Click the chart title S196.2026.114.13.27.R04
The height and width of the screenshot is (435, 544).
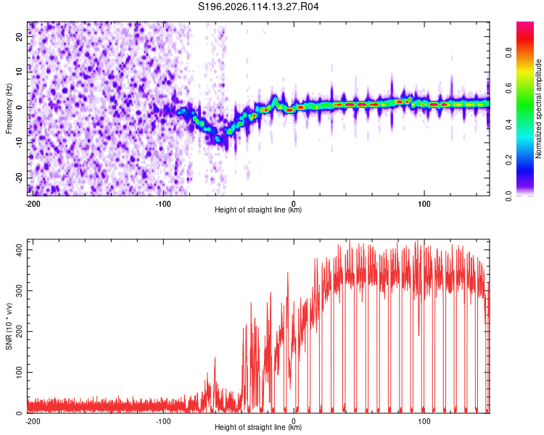[258, 7]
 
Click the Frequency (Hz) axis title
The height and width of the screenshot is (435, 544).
[9, 109]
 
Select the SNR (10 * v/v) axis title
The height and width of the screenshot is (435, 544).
[9, 326]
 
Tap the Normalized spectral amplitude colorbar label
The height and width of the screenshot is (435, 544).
[538, 109]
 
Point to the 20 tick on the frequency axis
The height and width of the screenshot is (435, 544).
[19, 36]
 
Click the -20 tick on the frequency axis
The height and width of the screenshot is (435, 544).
[19, 178]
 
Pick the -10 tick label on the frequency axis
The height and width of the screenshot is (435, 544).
[19, 143]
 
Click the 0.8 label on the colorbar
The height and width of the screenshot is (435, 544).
[508, 53]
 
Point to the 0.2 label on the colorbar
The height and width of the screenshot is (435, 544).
[508, 160]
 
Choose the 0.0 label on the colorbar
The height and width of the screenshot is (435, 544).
[508, 196]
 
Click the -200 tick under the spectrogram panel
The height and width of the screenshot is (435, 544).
[33, 204]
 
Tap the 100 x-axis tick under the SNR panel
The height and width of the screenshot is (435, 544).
[424, 421]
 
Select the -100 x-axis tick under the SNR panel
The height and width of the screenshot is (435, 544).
[163, 421]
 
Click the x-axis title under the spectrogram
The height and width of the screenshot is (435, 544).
[258, 210]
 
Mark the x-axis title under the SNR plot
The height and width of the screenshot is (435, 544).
[258, 427]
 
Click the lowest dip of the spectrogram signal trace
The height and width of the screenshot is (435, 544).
[218, 139]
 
